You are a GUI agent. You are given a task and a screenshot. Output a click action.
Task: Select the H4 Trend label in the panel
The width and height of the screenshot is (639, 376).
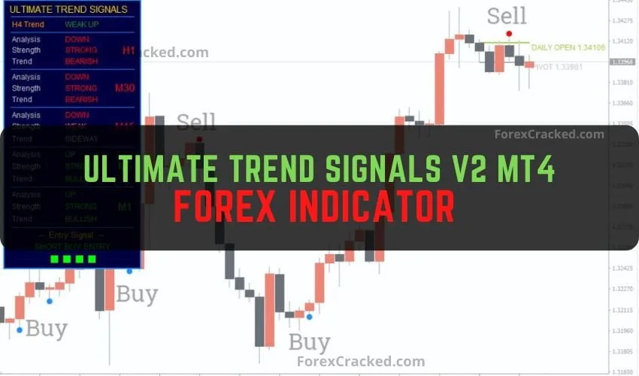click(x=27, y=25)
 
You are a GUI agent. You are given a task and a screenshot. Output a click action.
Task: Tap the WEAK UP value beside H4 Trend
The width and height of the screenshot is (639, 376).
click(x=82, y=25)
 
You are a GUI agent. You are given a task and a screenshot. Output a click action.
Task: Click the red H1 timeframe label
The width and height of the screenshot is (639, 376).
click(x=129, y=50)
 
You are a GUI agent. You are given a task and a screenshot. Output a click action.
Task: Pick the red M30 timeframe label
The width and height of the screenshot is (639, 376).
click(x=125, y=88)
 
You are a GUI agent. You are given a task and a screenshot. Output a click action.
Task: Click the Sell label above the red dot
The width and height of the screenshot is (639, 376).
click(x=507, y=15)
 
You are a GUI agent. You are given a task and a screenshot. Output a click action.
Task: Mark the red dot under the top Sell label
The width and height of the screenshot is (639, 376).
click(x=509, y=34)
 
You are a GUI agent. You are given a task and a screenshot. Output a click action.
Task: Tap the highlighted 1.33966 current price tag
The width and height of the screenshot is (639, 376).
click(x=622, y=62)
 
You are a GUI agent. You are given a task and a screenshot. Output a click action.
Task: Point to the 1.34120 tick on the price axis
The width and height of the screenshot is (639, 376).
click(x=622, y=41)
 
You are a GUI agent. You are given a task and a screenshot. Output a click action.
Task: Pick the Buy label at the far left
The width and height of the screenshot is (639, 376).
click(x=47, y=329)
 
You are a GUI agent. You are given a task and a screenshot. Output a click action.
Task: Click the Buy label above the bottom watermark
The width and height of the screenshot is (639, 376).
click(x=310, y=343)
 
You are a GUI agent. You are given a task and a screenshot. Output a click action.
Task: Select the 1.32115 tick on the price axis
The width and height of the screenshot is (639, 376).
click(x=622, y=309)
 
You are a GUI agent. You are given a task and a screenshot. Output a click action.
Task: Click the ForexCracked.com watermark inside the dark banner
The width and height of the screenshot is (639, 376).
click(x=549, y=135)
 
